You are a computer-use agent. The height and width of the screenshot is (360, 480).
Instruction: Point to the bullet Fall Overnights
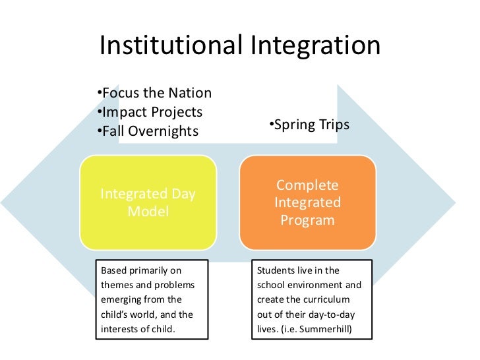point(146,131)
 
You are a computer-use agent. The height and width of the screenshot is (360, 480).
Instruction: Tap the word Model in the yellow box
point(148,212)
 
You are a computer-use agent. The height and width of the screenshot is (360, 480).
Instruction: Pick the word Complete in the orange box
point(307,185)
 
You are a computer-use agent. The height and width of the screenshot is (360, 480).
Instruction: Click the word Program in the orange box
point(307,220)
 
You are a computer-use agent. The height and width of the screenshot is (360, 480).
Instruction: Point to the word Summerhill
point(334,327)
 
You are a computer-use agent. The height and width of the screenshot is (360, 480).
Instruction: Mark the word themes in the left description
point(113,284)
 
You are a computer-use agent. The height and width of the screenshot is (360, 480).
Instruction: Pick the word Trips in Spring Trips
point(333,125)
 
